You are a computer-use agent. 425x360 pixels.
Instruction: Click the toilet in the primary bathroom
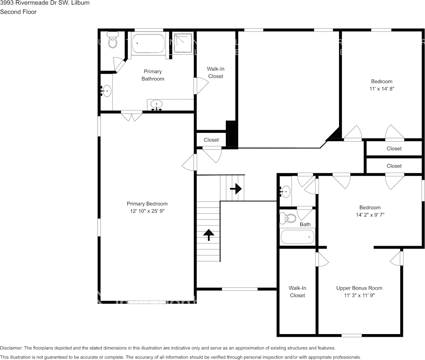[113, 40]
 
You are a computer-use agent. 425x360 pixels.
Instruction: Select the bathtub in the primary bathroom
[148, 43]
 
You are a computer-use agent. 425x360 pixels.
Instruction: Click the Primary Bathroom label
[152, 75]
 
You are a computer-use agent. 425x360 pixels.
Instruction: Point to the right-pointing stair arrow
[236, 188]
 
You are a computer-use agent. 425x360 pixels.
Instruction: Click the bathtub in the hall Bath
[298, 237]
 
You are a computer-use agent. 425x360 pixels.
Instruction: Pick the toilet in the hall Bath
[288, 218]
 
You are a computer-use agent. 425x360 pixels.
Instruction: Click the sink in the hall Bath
[285, 190]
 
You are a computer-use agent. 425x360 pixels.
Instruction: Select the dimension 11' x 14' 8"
[381, 88]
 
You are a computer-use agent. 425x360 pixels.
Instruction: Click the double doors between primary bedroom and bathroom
[132, 116]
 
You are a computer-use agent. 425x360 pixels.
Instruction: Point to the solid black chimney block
[232, 134]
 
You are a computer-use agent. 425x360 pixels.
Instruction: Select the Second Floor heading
[18, 12]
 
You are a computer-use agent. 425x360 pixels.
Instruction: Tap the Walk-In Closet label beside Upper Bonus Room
[297, 292]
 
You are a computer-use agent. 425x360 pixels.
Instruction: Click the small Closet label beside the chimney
[211, 140]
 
